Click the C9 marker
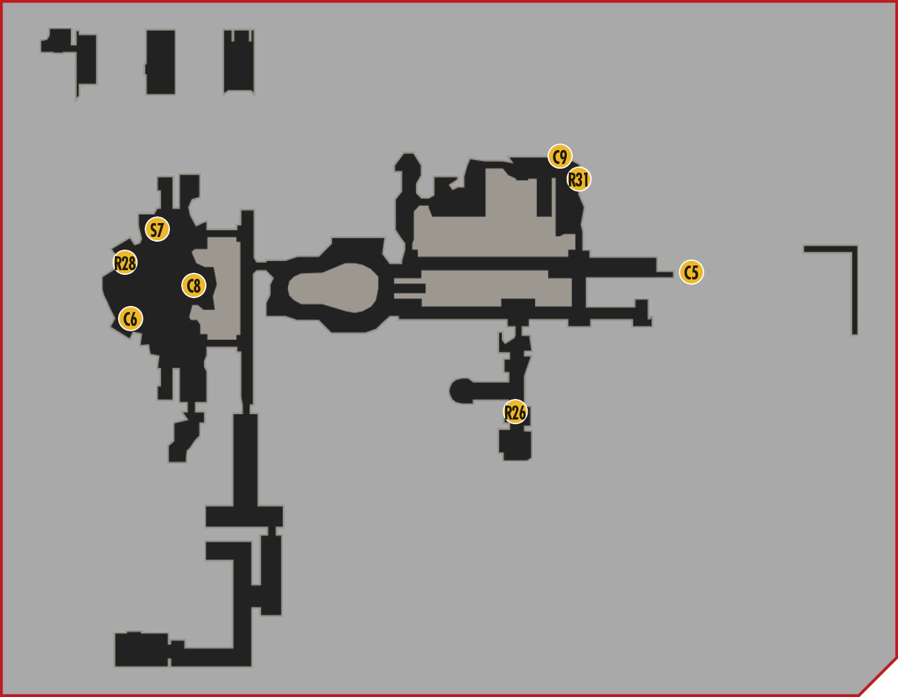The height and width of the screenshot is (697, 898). [x=560, y=157]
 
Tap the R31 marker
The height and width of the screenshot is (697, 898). [x=579, y=179]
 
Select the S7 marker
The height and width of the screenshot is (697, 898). [x=157, y=229]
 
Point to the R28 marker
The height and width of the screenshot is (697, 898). [x=125, y=262]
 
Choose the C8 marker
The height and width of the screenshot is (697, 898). [x=193, y=285]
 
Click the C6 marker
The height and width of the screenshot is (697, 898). [x=131, y=319]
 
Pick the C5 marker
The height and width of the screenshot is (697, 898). [x=692, y=272]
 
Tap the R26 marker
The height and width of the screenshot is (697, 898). [x=515, y=412]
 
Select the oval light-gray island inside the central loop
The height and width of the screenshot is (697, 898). [x=333, y=287]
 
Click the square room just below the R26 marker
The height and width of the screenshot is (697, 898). [x=515, y=445]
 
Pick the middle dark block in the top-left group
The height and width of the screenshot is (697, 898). [x=161, y=62]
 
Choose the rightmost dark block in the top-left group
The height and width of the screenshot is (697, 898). [x=239, y=62]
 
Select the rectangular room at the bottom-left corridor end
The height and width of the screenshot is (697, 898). [x=141, y=649]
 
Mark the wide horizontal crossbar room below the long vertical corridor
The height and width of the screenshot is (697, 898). [x=244, y=516]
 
